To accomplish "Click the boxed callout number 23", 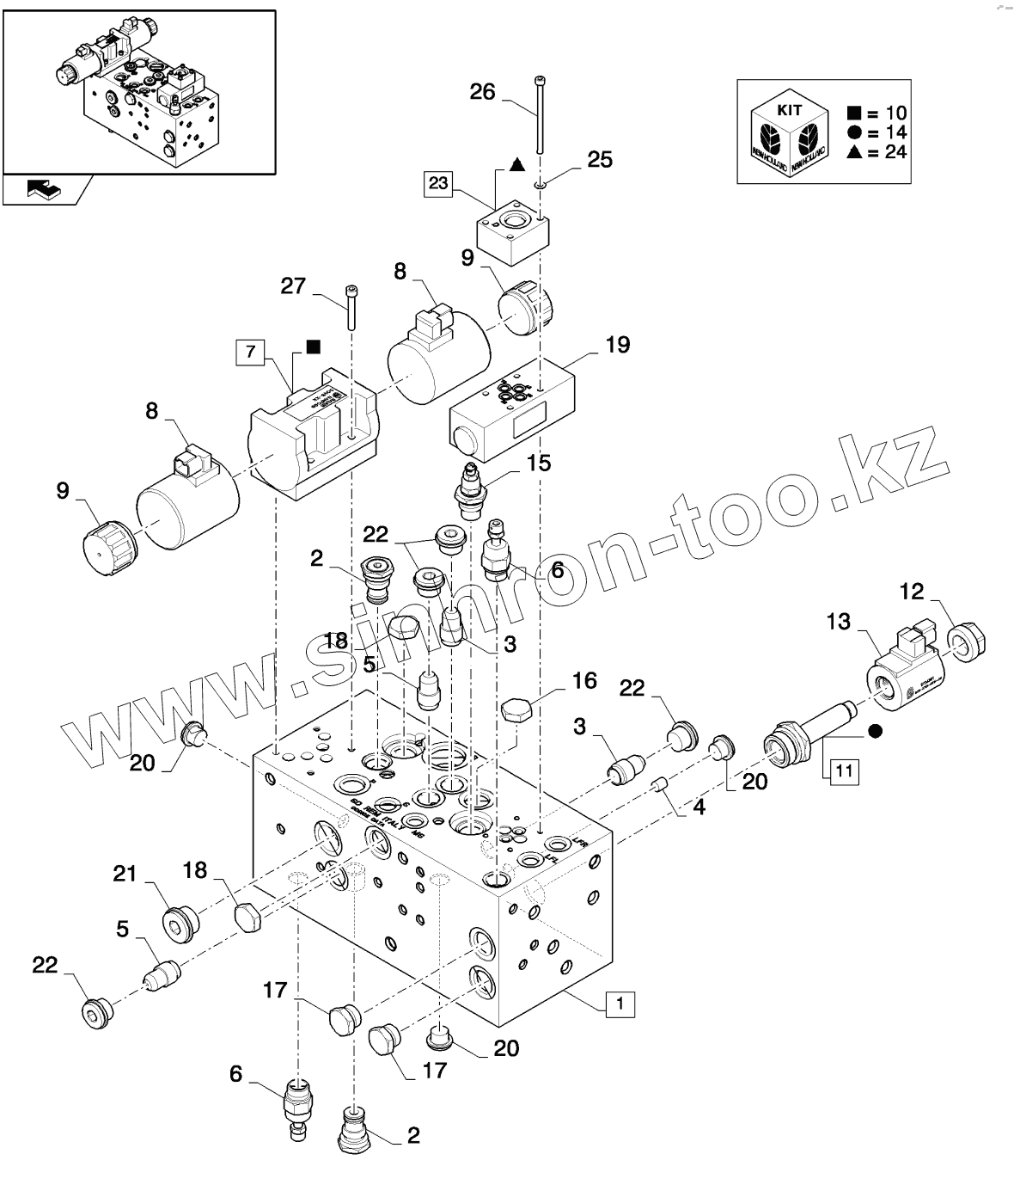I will tap(438, 182).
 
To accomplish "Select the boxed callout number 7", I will tap(250, 351).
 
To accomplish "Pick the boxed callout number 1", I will tap(620, 1003).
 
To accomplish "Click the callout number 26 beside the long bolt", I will tap(483, 91).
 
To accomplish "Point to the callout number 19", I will tap(617, 345).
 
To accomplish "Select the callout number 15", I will tap(539, 463).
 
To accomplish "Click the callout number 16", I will tap(583, 681).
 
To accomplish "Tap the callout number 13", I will tap(838, 621).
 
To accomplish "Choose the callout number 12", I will tap(912, 591).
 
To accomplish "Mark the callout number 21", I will tap(125, 873).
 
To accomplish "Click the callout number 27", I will tap(294, 285).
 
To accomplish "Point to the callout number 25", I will tap(599, 159).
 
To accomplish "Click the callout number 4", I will tap(699, 807).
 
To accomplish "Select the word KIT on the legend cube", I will tap(789, 111).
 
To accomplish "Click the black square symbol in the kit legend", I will tap(853, 113).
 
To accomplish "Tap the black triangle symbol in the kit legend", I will tap(853, 152).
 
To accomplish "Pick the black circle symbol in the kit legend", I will tap(853, 132).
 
